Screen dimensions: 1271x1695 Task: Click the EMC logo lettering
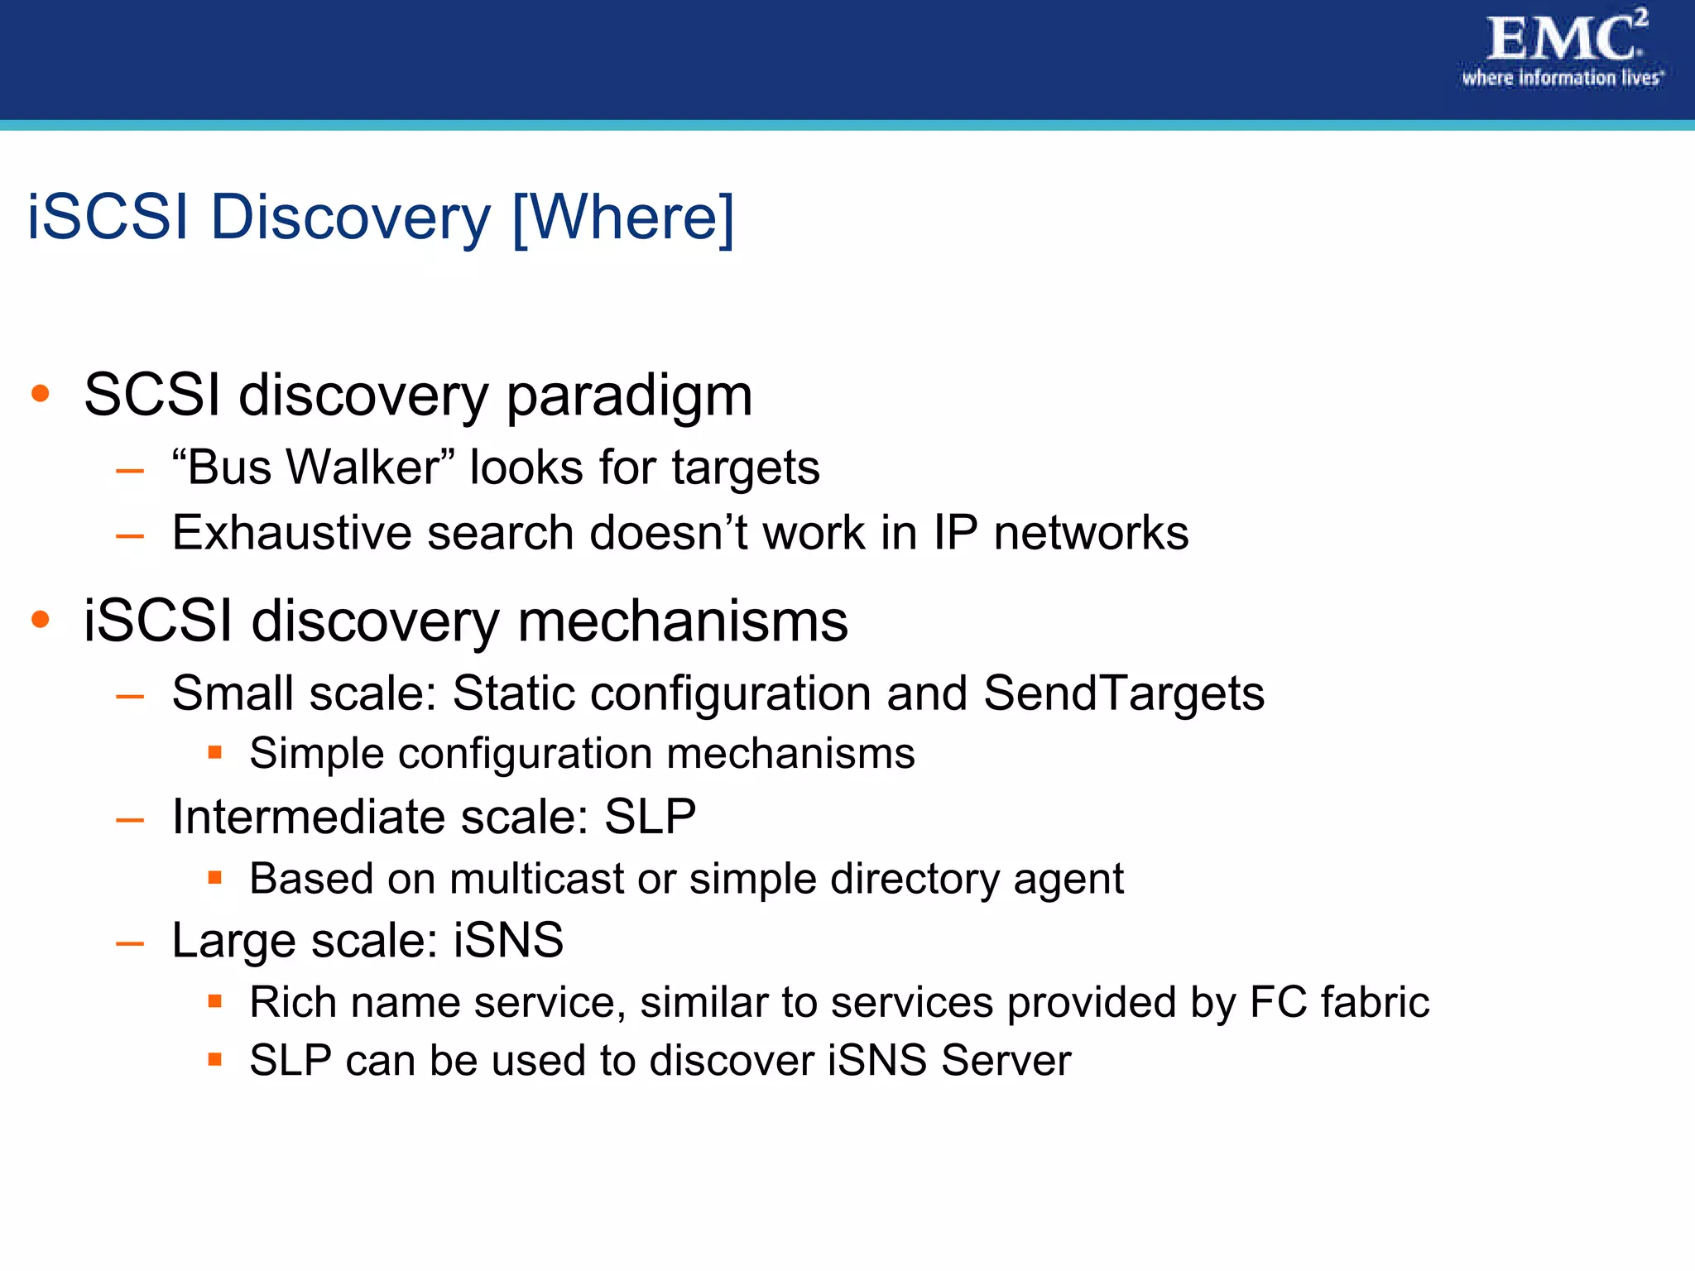coord(1561,39)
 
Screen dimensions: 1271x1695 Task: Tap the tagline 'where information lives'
coord(1561,78)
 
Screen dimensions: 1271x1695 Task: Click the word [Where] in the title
coord(623,218)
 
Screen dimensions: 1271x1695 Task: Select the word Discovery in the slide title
coord(351,218)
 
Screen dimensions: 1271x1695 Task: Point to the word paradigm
coord(629,396)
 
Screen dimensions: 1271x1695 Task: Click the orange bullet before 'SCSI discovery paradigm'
coord(40,393)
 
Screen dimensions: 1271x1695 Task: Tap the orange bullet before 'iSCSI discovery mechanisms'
coord(40,619)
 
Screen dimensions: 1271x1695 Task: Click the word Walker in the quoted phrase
coord(363,467)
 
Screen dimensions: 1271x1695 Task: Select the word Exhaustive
coord(291,532)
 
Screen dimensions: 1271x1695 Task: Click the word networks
coord(1091,532)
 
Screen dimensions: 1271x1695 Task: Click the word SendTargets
coord(1123,693)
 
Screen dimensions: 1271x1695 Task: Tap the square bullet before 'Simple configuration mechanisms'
coord(215,752)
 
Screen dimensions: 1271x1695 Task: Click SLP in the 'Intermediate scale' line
coord(650,817)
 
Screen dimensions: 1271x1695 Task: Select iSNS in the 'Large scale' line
coord(508,940)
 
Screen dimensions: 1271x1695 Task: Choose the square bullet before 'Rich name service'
coord(215,1001)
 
